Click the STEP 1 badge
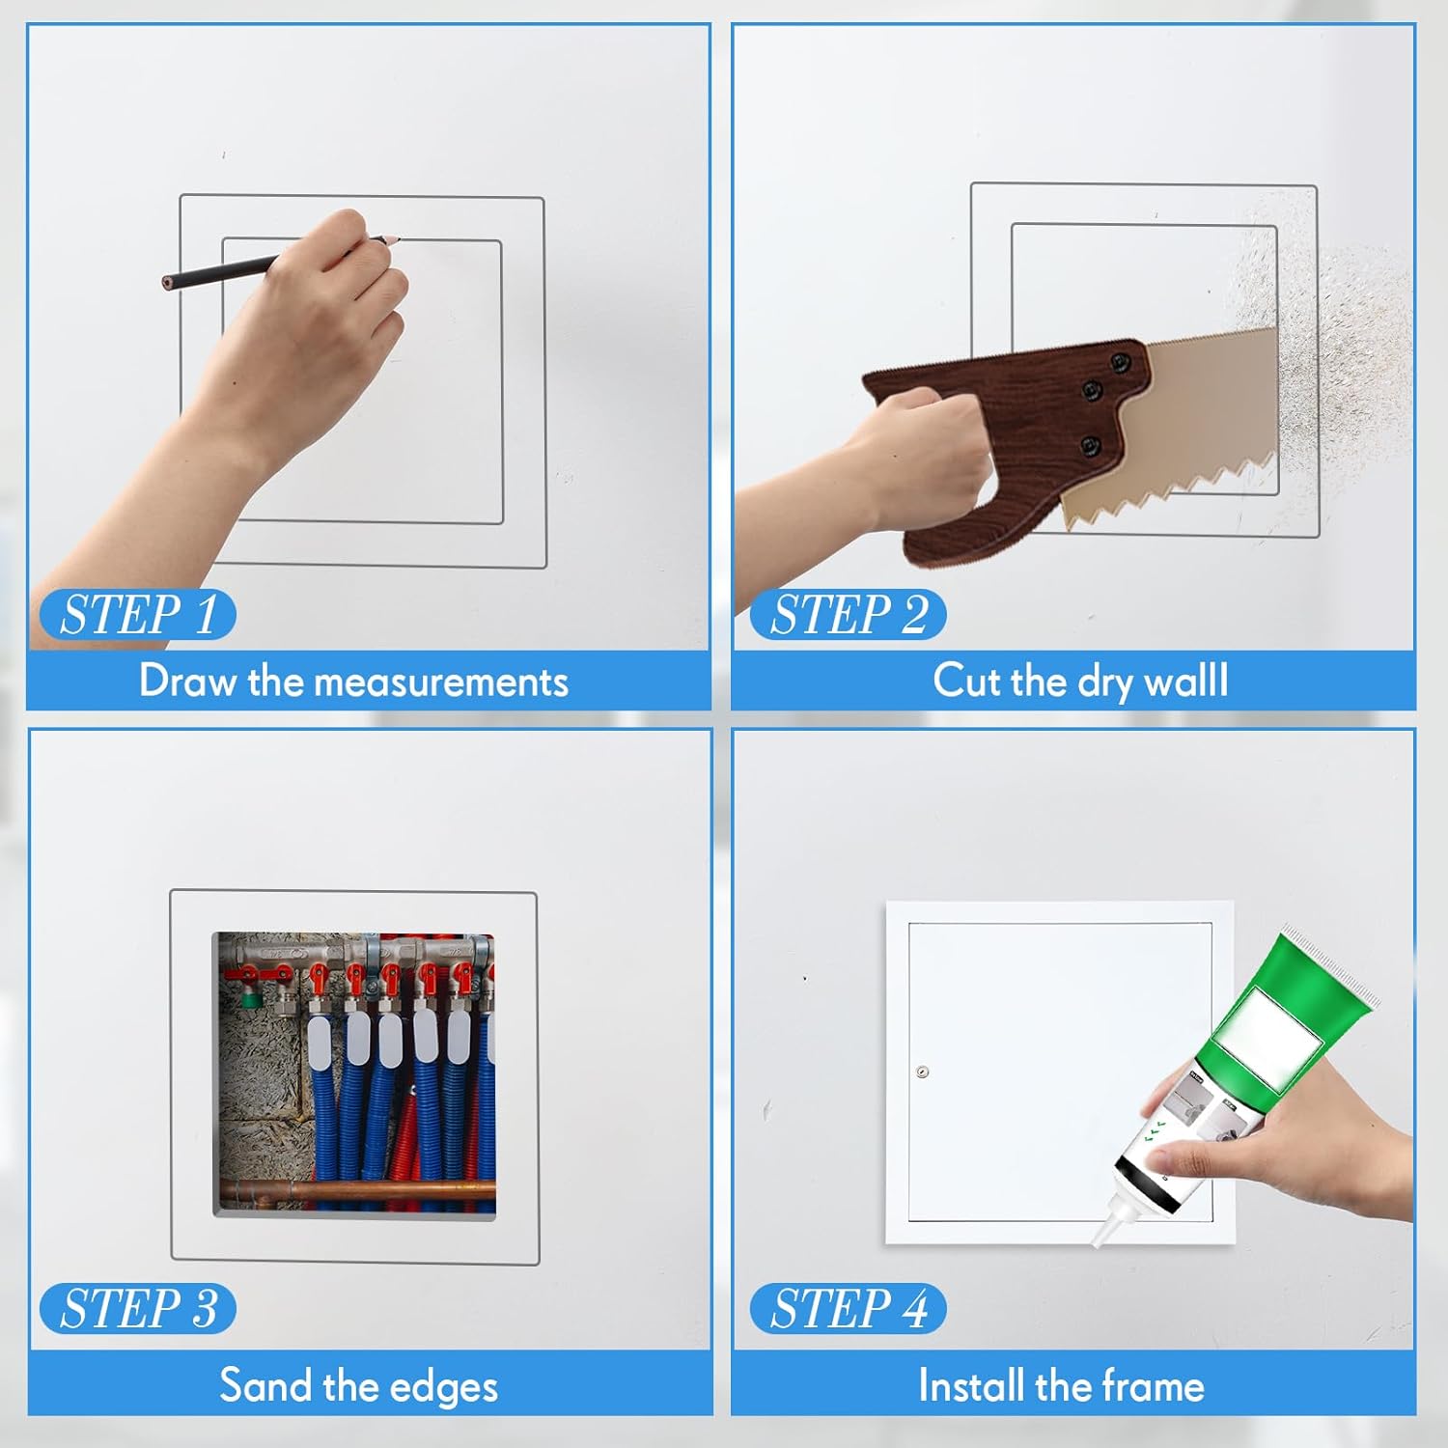coord(138,614)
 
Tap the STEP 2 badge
coord(848,614)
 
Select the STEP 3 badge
coord(138,1308)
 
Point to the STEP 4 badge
coord(848,1308)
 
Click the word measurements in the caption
coord(441,682)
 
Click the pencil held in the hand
coord(280,261)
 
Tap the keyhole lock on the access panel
coord(922,1072)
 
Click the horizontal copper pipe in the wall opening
coord(357,1189)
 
